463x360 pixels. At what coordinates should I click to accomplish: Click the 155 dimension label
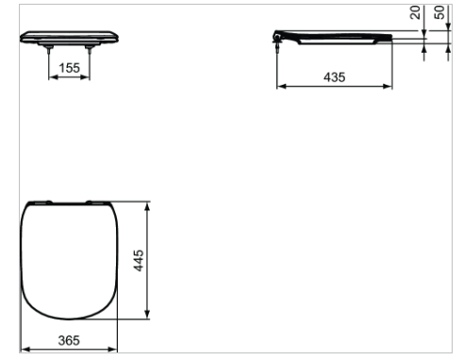point(70,68)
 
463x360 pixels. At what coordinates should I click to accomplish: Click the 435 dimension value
point(335,77)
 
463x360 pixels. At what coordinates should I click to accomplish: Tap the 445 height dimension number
point(139,260)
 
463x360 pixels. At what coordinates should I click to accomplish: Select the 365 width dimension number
point(69,340)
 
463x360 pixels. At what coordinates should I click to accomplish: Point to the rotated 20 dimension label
point(415,12)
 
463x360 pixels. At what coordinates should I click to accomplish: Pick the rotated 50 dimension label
point(439,12)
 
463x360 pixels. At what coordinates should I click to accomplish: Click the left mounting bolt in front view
point(48,49)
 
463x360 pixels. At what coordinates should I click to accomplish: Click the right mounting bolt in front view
point(90,49)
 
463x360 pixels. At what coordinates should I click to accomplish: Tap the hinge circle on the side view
point(277,38)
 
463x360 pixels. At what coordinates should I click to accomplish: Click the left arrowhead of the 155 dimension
point(53,77)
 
